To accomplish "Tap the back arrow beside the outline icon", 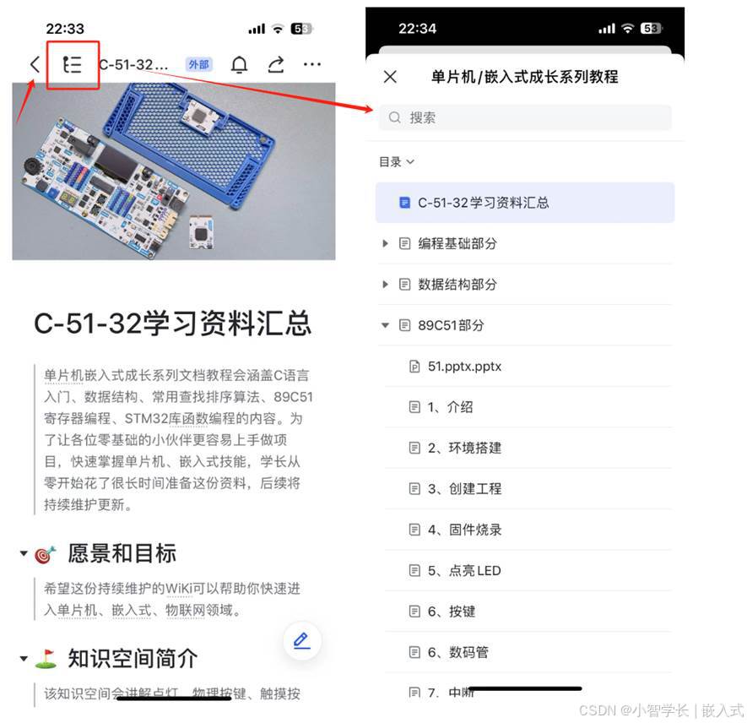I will [35, 64].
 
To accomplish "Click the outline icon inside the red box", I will [73, 64].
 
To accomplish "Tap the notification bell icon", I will [240, 65].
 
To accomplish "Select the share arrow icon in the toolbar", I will [276, 65].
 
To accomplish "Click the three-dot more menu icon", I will [312, 65].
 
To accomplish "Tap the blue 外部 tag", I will [199, 65].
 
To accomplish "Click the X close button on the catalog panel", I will [390, 77].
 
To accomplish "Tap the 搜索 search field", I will [525, 117].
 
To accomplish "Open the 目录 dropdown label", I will [397, 161].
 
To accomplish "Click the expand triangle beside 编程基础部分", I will [385, 243].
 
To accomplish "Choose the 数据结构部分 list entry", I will [457, 285].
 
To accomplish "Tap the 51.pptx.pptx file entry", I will [464, 367].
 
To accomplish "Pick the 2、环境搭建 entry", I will [464, 448].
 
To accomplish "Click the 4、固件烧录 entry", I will [464, 530].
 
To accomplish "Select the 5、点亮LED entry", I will [464, 570].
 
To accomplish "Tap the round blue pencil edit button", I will [301, 639].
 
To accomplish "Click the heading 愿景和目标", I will [122, 553].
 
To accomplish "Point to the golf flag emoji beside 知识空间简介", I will [46, 659].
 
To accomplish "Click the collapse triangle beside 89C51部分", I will [385, 325].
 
